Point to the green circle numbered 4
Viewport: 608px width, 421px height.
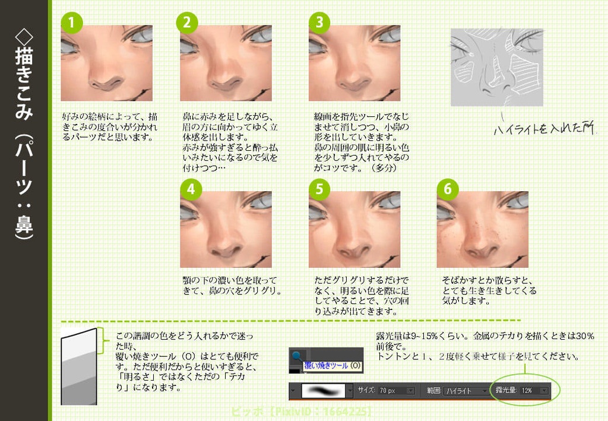tap(191, 189)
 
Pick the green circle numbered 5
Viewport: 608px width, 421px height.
tap(319, 189)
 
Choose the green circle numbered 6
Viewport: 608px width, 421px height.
tap(448, 189)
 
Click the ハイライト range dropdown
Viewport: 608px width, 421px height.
tap(465, 391)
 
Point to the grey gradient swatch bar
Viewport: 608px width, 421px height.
tap(78, 367)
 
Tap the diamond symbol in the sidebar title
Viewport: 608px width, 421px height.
tap(24, 36)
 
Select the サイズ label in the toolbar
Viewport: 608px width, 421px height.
tap(366, 391)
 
